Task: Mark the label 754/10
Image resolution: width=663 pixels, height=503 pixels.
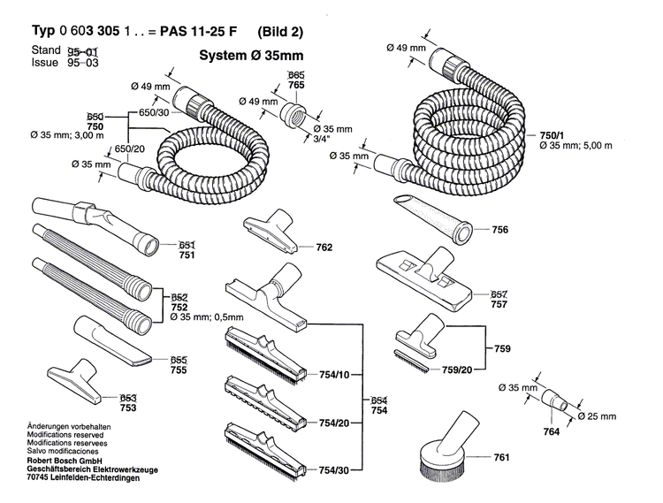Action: [x=336, y=376]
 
